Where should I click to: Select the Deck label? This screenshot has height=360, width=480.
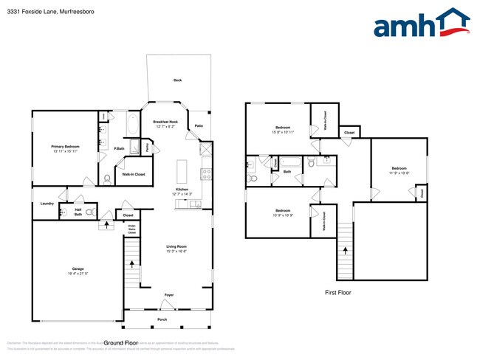coord(177,80)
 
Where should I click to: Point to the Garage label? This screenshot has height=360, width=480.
coord(77,270)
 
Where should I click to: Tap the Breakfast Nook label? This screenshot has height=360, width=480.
coord(165,123)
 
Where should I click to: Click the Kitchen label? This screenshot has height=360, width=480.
coord(182,191)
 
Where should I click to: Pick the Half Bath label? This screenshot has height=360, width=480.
coord(78,212)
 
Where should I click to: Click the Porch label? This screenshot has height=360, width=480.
coord(162,319)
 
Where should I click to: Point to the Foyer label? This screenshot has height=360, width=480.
coord(168,293)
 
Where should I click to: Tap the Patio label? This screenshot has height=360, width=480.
coord(199,126)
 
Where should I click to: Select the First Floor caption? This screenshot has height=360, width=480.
coord(338,293)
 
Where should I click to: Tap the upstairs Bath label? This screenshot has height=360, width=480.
coord(287,172)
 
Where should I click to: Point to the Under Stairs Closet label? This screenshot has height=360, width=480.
coord(131,229)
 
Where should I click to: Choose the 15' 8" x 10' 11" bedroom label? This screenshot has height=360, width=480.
coord(282,130)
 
